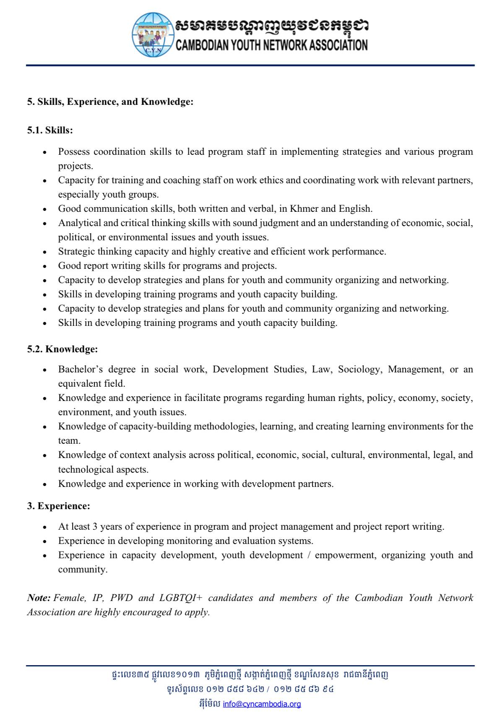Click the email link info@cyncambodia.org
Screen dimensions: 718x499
point(262,704)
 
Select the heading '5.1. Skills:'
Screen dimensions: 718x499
point(50,130)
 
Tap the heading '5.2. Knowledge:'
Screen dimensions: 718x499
point(62,349)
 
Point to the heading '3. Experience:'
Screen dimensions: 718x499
point(59,506)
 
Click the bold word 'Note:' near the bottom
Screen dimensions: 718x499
point(39,598)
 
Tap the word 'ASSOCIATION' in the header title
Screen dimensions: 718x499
point(338,45)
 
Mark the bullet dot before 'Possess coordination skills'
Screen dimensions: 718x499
point(44,152)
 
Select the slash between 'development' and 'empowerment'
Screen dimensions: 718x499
point(309,555)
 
